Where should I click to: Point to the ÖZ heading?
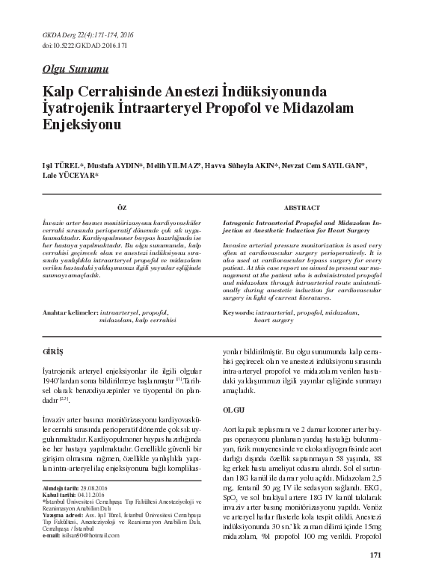(x=123, y=206)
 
